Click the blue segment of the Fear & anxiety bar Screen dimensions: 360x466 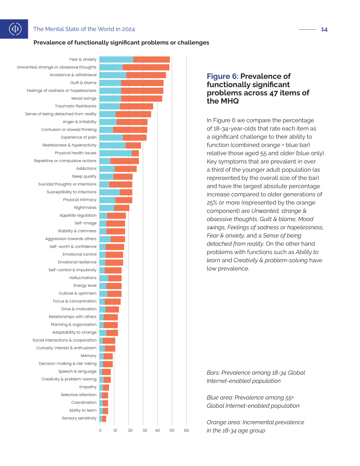[116, 59]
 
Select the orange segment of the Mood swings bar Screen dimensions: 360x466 [142, 98]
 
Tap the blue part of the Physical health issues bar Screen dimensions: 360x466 [116, 153]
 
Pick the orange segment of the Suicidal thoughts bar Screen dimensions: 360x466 [121, 184]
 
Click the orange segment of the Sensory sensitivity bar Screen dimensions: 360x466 [104, 418]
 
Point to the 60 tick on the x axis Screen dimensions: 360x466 [186, 430]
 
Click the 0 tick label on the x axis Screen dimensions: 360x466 [100, 430]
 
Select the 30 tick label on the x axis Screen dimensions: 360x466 [145, 430]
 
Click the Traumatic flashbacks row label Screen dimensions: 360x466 [76, 106]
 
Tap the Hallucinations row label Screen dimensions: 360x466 [83, 277]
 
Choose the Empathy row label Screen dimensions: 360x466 [88, 387]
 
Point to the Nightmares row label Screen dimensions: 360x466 [85, 207]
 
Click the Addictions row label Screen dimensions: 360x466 [86, 169]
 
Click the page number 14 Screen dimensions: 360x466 [324, 29]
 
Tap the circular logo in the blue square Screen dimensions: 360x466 [15, 29]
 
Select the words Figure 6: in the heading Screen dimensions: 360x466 [223, 76]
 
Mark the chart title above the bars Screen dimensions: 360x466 [121, 43]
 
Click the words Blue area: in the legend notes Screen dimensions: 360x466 [220, 398]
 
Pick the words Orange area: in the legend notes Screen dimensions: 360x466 [223, 422]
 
